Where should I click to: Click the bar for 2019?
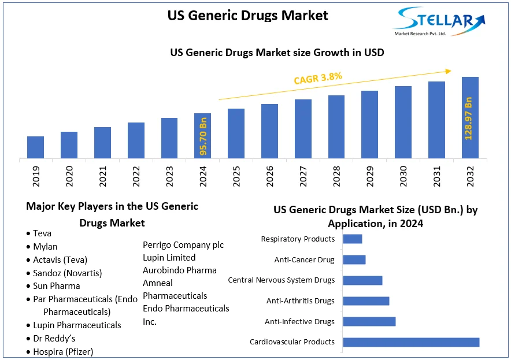pos(35,147)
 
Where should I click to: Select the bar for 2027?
pos(303,129)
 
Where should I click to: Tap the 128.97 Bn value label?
pos(469,118)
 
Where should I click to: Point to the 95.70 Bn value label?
pos(203,136)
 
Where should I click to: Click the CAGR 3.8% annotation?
pos(318,78)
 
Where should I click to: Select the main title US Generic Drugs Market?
pos(247,16)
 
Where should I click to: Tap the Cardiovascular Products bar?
pos(411,342)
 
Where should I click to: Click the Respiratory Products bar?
pos(353,239)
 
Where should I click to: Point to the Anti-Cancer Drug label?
pos(304,259)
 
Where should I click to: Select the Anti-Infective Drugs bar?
pos(369,321)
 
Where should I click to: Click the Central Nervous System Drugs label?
pos(282,280)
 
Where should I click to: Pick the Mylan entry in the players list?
pos(45,247)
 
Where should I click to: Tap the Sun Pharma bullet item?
pos(56,286)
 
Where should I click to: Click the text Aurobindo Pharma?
pos(180,270)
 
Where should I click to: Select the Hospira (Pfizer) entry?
pos(63,351)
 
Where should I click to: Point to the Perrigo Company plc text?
pos(183,245)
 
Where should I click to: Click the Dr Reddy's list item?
pos(54,338)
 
